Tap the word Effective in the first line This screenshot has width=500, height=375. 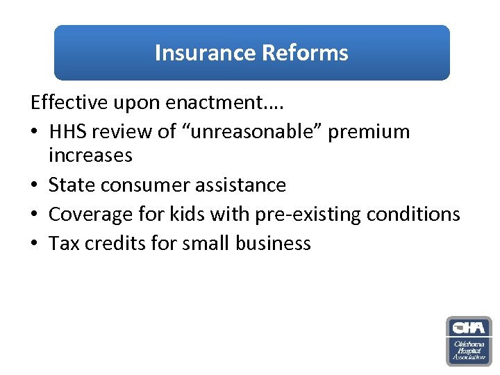[x=69, y=103]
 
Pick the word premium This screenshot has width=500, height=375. [x=369, y=132]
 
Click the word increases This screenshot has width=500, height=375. [x=90, y=156]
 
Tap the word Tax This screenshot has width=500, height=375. [x=62, y=243]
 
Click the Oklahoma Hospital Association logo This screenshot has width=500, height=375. [x=468, y=341]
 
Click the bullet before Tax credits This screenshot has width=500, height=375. [x=35, y=243]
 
